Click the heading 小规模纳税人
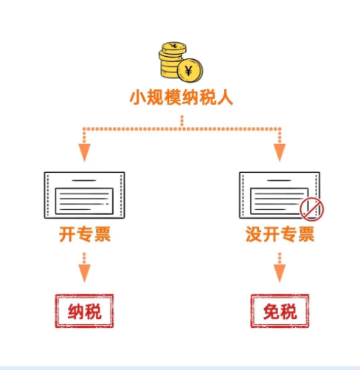[181, 97]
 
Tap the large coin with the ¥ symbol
[190, 70]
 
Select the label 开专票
[85, 234]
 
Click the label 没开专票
[280, 234]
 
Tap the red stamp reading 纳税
[84, 311]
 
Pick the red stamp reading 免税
[280, 311]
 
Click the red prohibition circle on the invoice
[311, 209]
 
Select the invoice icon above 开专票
[85, 195]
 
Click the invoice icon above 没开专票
[280, 195]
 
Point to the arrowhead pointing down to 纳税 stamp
[85, 273]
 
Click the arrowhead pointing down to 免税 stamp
[280, 273]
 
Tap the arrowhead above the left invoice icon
[85, 153]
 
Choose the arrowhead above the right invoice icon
[280, 153]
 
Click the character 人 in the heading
[225, 97]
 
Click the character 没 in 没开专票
[254, 234]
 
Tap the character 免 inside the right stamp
[271, 312]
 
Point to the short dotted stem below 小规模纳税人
[182, 120]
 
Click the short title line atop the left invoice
[84, 180]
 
